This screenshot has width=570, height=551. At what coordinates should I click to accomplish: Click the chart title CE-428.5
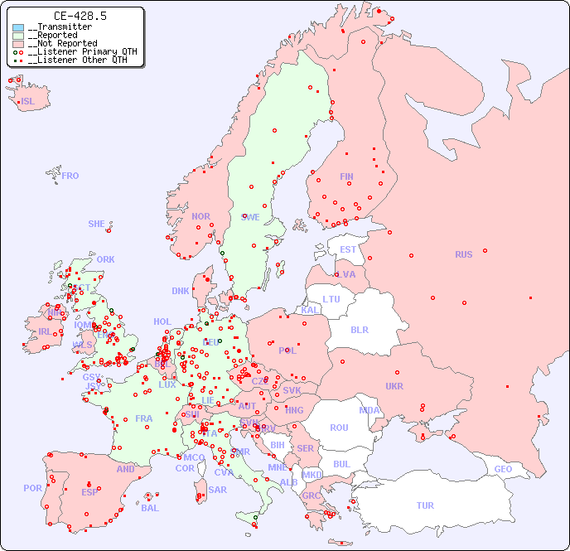pyautogui.click(x=80, y=16)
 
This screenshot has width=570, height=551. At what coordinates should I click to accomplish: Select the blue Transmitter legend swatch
pyautogui.click(x=18, y=27)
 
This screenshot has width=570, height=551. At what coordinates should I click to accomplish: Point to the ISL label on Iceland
pyautogui.click(x=28, y=102)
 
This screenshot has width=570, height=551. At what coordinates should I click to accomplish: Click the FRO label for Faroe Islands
pyautogui.click(x=70, y=176)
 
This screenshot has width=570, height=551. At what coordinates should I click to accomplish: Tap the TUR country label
pyautogui.click(x=425, y=505)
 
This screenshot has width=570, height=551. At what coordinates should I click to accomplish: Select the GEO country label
pyautogui.click(x=503, y=469)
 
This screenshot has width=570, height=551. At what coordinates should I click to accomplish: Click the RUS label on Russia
pyautogui.click(x=463, y=254)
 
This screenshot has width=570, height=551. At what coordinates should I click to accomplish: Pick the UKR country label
pyautogui.click(x=394, y=386)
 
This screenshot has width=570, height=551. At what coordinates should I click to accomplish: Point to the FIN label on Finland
pyautogui.click(x=346, y=176)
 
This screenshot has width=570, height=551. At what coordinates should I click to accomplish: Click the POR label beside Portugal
pyautogui.click(x=32, y=488)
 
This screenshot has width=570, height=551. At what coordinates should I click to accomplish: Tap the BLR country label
pyautogui.click(x=359, y=329)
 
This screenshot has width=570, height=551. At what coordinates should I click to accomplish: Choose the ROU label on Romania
pyautogui.click(x=339, y=428)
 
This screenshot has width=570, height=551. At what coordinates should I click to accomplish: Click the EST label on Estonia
pyautogui.click(x=348, y=249)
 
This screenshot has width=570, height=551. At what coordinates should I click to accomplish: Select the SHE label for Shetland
pyautogui.click(x=97, y=224)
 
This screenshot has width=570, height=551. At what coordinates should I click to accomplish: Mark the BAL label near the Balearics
pyautogui.click(x=150, y=508)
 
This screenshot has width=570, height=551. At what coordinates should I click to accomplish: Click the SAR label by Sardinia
pyautogui.click(x=217, y=490)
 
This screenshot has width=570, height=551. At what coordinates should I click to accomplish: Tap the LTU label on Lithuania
pyautogui.click(x=331, y=299)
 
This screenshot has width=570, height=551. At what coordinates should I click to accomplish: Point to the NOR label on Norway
pyautogui.click(x=200, y=216)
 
